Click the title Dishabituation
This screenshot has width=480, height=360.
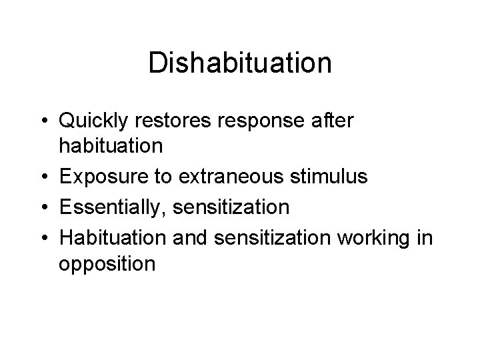pos(239,63)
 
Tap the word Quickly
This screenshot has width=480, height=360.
pos(97,121)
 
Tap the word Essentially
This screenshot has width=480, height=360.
pos(111,208)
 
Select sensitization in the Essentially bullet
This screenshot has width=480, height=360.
pos(230,208)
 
